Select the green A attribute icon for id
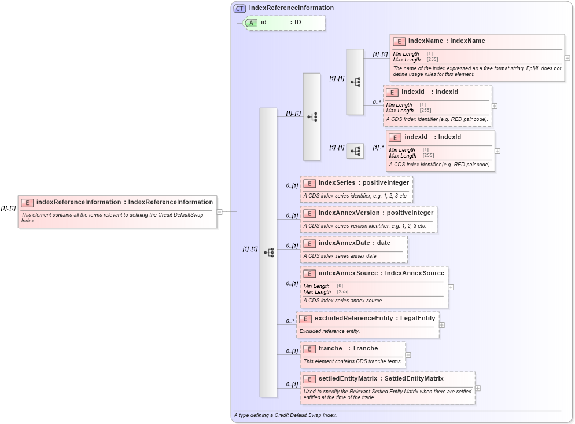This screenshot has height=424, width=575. click(252, 23)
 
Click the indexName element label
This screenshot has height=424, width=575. click(446, 41)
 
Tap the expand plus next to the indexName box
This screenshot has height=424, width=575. click(567, 58)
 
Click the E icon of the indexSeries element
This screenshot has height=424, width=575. click(309, 183)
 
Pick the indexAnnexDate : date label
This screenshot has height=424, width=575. click(354, 243)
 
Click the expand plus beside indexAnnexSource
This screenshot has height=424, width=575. click(451, 287)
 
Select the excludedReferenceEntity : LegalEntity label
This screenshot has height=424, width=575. click(374, 318)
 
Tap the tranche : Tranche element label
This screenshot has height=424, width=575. click(348, 348)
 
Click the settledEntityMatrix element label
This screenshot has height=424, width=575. click(381, 378)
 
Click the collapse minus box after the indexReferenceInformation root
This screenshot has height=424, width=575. click(220, 211)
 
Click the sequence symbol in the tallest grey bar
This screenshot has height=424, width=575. click(268, 253)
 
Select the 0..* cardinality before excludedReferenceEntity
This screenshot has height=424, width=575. click(290, 321)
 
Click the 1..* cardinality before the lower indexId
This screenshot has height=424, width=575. click(378, 147)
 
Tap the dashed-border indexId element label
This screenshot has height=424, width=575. click(429, 92)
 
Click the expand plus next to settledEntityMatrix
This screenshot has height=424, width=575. click(478, 388)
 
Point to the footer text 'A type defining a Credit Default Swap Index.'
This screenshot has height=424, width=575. click(285, 415)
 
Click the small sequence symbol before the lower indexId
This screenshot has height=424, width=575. click(355, 151)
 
